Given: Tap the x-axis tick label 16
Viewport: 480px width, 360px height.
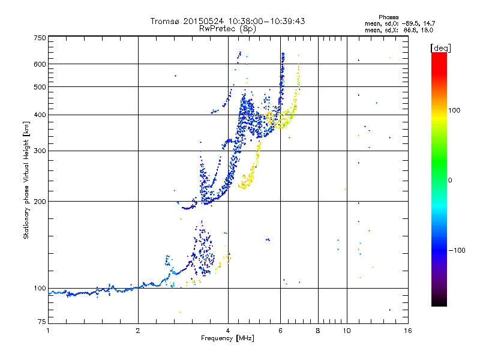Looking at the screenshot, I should (x=407, y=331).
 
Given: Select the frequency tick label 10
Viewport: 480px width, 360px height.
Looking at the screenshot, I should (x=346, y=331).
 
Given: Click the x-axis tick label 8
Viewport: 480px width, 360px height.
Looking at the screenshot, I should (x=318, y=331).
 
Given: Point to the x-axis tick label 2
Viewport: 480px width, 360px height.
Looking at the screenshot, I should (x=138, y=331).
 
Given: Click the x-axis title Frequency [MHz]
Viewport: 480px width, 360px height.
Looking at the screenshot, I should (x=227, y=339).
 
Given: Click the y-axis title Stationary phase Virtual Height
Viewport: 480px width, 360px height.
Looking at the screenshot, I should (x=26, y=180).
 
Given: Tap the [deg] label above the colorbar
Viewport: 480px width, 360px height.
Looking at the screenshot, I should (x=440, y=47).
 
